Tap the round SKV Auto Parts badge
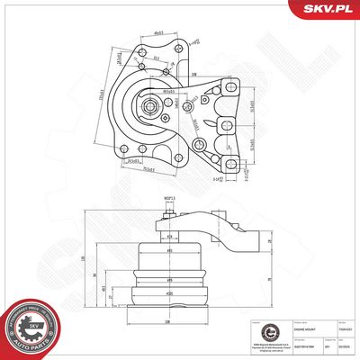point(31,327)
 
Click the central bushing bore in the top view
point(150,111)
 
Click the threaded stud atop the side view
point(167,219)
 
